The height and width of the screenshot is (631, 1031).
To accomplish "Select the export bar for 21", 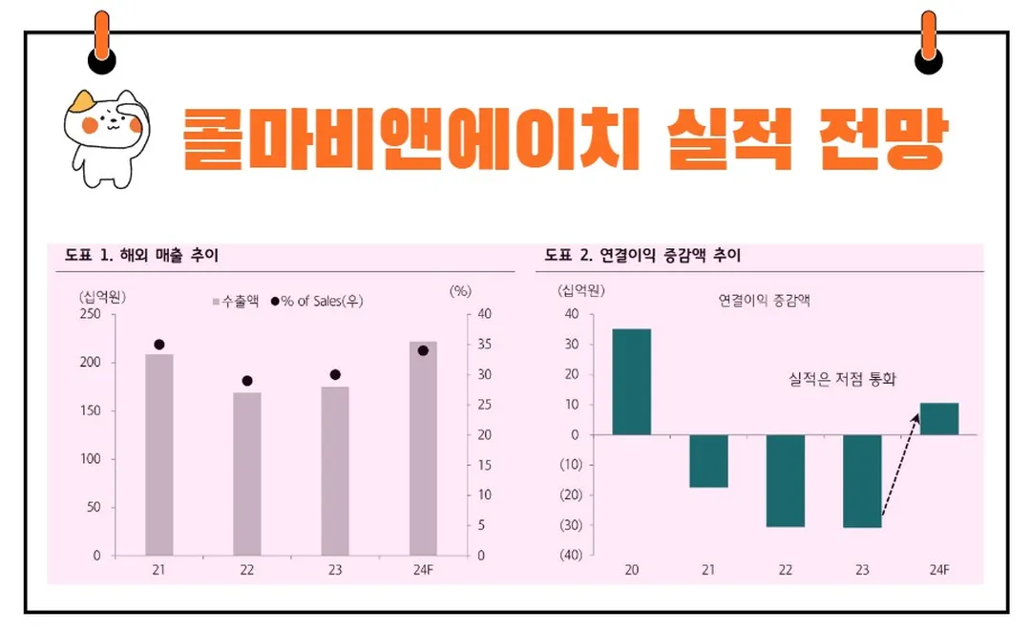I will click(159, 454).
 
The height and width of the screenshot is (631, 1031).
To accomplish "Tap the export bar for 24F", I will click(423, 448).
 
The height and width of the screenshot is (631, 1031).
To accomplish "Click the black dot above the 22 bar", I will click(247, 381).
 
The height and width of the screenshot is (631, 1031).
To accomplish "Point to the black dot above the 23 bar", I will click(335, 375).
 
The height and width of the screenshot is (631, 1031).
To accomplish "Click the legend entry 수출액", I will click(236, 301).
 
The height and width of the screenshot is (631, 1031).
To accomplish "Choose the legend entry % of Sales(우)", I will click(317, 301).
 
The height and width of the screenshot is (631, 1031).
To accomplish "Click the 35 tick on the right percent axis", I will click(484, 345).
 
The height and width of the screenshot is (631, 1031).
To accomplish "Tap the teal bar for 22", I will click(785, 480).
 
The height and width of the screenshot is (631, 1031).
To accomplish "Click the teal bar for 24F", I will click(939, 419).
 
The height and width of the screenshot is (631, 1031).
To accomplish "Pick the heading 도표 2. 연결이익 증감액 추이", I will click(642, 256).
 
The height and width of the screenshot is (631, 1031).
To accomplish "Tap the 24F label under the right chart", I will click(939, 570).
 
